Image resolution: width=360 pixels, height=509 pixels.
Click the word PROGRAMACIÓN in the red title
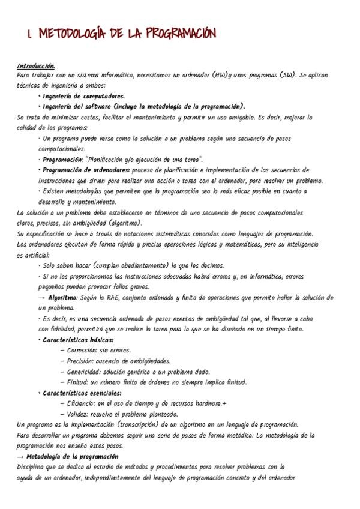point(179,34)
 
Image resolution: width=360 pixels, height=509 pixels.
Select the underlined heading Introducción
point(36,66)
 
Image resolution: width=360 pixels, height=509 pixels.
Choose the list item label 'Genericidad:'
point(84,372)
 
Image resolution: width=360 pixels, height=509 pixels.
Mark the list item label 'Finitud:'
point(78,382)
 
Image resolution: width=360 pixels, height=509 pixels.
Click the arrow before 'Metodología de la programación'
point(22,457)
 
